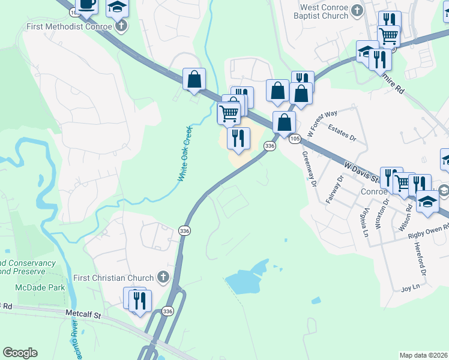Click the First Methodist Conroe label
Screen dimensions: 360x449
coord(69,27)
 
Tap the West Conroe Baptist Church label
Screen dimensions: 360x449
coord(324,11)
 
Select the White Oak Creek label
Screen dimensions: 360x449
coord(184,154)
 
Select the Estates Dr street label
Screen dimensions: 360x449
coord(343,132)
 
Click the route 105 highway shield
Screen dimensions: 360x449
coord(294,139)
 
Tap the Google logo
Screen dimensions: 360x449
coord(20,352)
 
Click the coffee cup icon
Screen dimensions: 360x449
coord(87,4)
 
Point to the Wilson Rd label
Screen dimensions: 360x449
coord(408,214)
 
